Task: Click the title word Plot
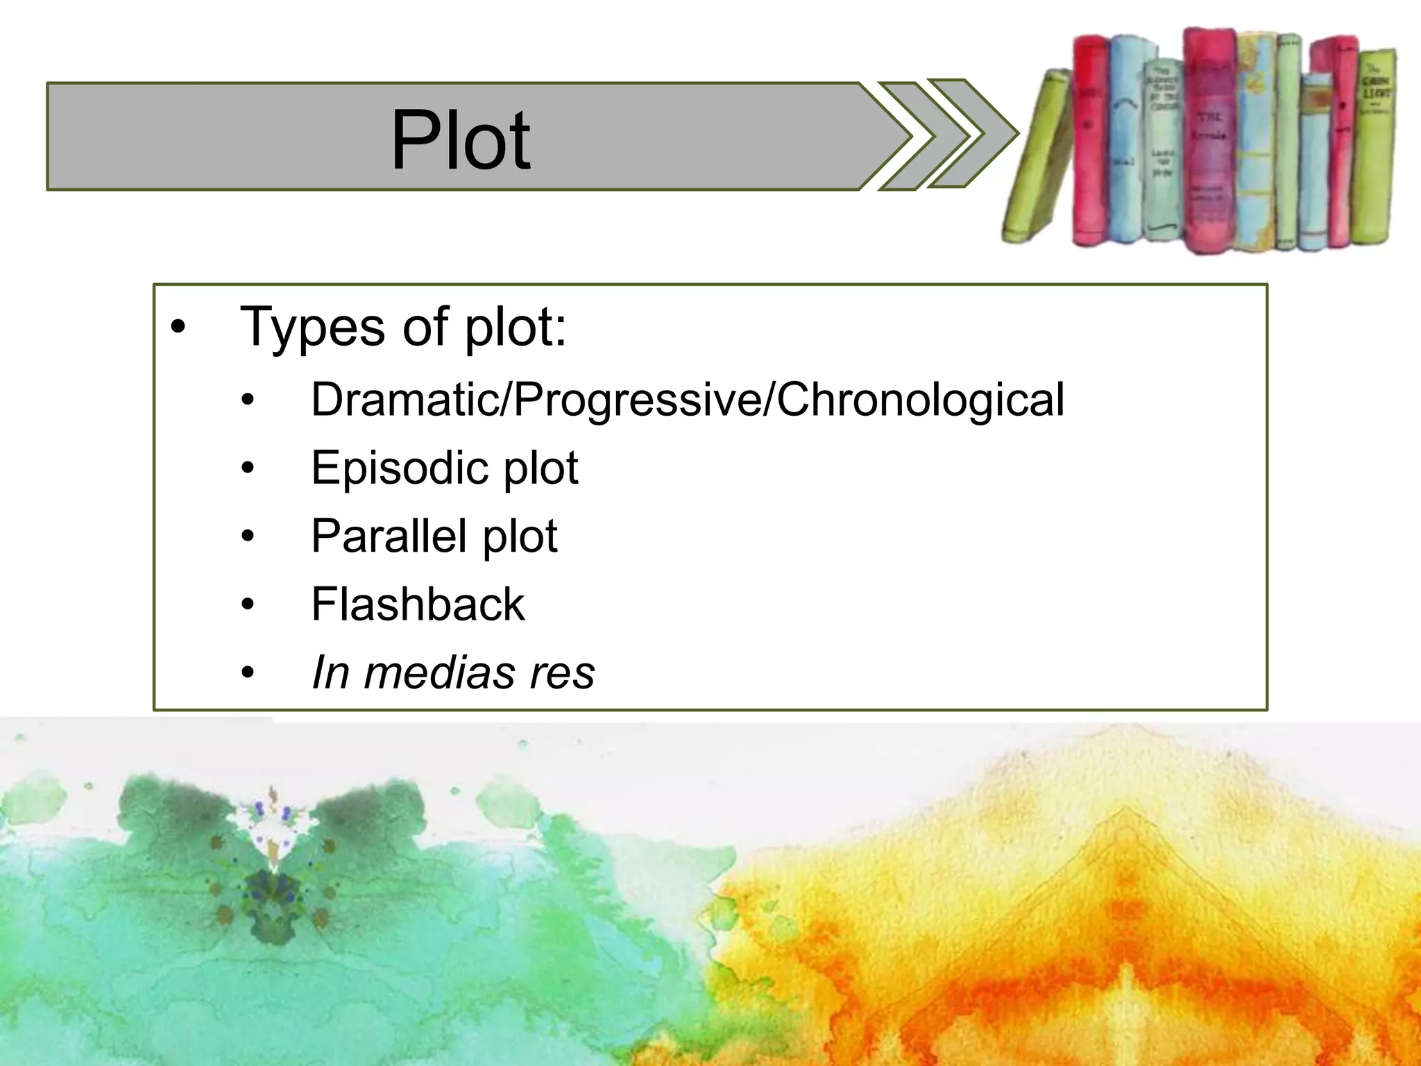click(x=460, y=140)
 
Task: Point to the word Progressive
click(x=636, y=400)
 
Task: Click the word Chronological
click(x=920, y=400)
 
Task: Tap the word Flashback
click(x=418, y=604)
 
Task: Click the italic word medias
click(x=439, y=672)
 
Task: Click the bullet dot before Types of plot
click(x=178, y=328)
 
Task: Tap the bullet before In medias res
click(x=248, y=673)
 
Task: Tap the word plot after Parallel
click(x=520, y=536)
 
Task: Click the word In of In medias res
click(x=330, y=672)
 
